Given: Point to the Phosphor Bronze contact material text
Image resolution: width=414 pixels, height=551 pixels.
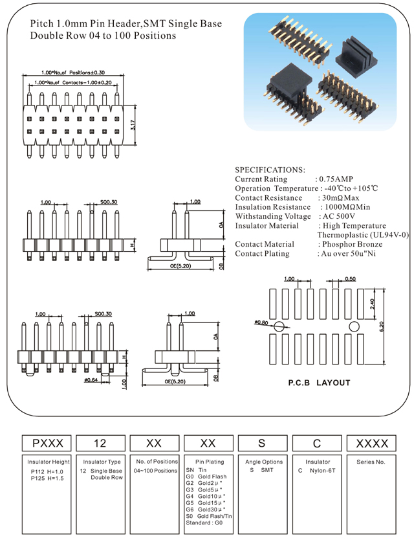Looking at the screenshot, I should [350, 244].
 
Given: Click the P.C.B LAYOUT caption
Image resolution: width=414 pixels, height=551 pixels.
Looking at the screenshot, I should [319, 383].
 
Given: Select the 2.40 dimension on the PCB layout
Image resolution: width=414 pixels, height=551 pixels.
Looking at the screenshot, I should [371, 303].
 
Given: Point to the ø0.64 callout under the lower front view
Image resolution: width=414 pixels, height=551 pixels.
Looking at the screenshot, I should [90, 380].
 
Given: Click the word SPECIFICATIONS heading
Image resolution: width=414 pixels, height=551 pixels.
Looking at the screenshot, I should [270, 169].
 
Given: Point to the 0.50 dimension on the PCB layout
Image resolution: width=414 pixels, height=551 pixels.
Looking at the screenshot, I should [351, 278].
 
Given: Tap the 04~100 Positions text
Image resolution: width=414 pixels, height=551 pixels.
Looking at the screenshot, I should [155, 470].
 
